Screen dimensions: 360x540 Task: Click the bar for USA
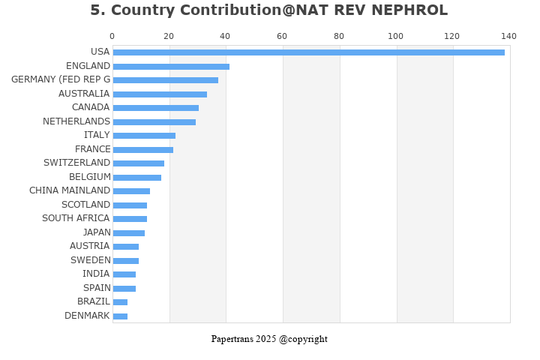(308, 52)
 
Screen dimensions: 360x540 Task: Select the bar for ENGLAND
(171, 67)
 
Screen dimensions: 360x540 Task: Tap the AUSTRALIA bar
(160, 94)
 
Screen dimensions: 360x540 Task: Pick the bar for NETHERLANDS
(154, 122)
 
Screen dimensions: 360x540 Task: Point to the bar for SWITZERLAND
(138, 163)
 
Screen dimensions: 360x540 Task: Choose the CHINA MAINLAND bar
(131, 191)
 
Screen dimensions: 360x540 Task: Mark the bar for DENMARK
(120, 316)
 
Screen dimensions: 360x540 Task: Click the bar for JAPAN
(128, 233)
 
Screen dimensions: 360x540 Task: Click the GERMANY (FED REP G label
(61, 79)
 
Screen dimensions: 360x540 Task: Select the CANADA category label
(91, 107)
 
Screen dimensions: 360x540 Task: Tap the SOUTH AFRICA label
(76, 218)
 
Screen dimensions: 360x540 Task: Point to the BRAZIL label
(94, 301)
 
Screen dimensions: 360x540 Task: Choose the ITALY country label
(97, 135)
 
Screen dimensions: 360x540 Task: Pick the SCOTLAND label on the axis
(85, 205)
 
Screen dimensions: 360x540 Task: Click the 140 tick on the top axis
(509, 36)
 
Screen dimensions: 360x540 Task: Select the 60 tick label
(282, 36)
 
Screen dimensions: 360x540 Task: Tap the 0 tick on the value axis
(112, 36)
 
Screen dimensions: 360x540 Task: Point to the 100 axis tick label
(395, 36)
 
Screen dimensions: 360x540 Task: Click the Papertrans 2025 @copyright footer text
(269, 339)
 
